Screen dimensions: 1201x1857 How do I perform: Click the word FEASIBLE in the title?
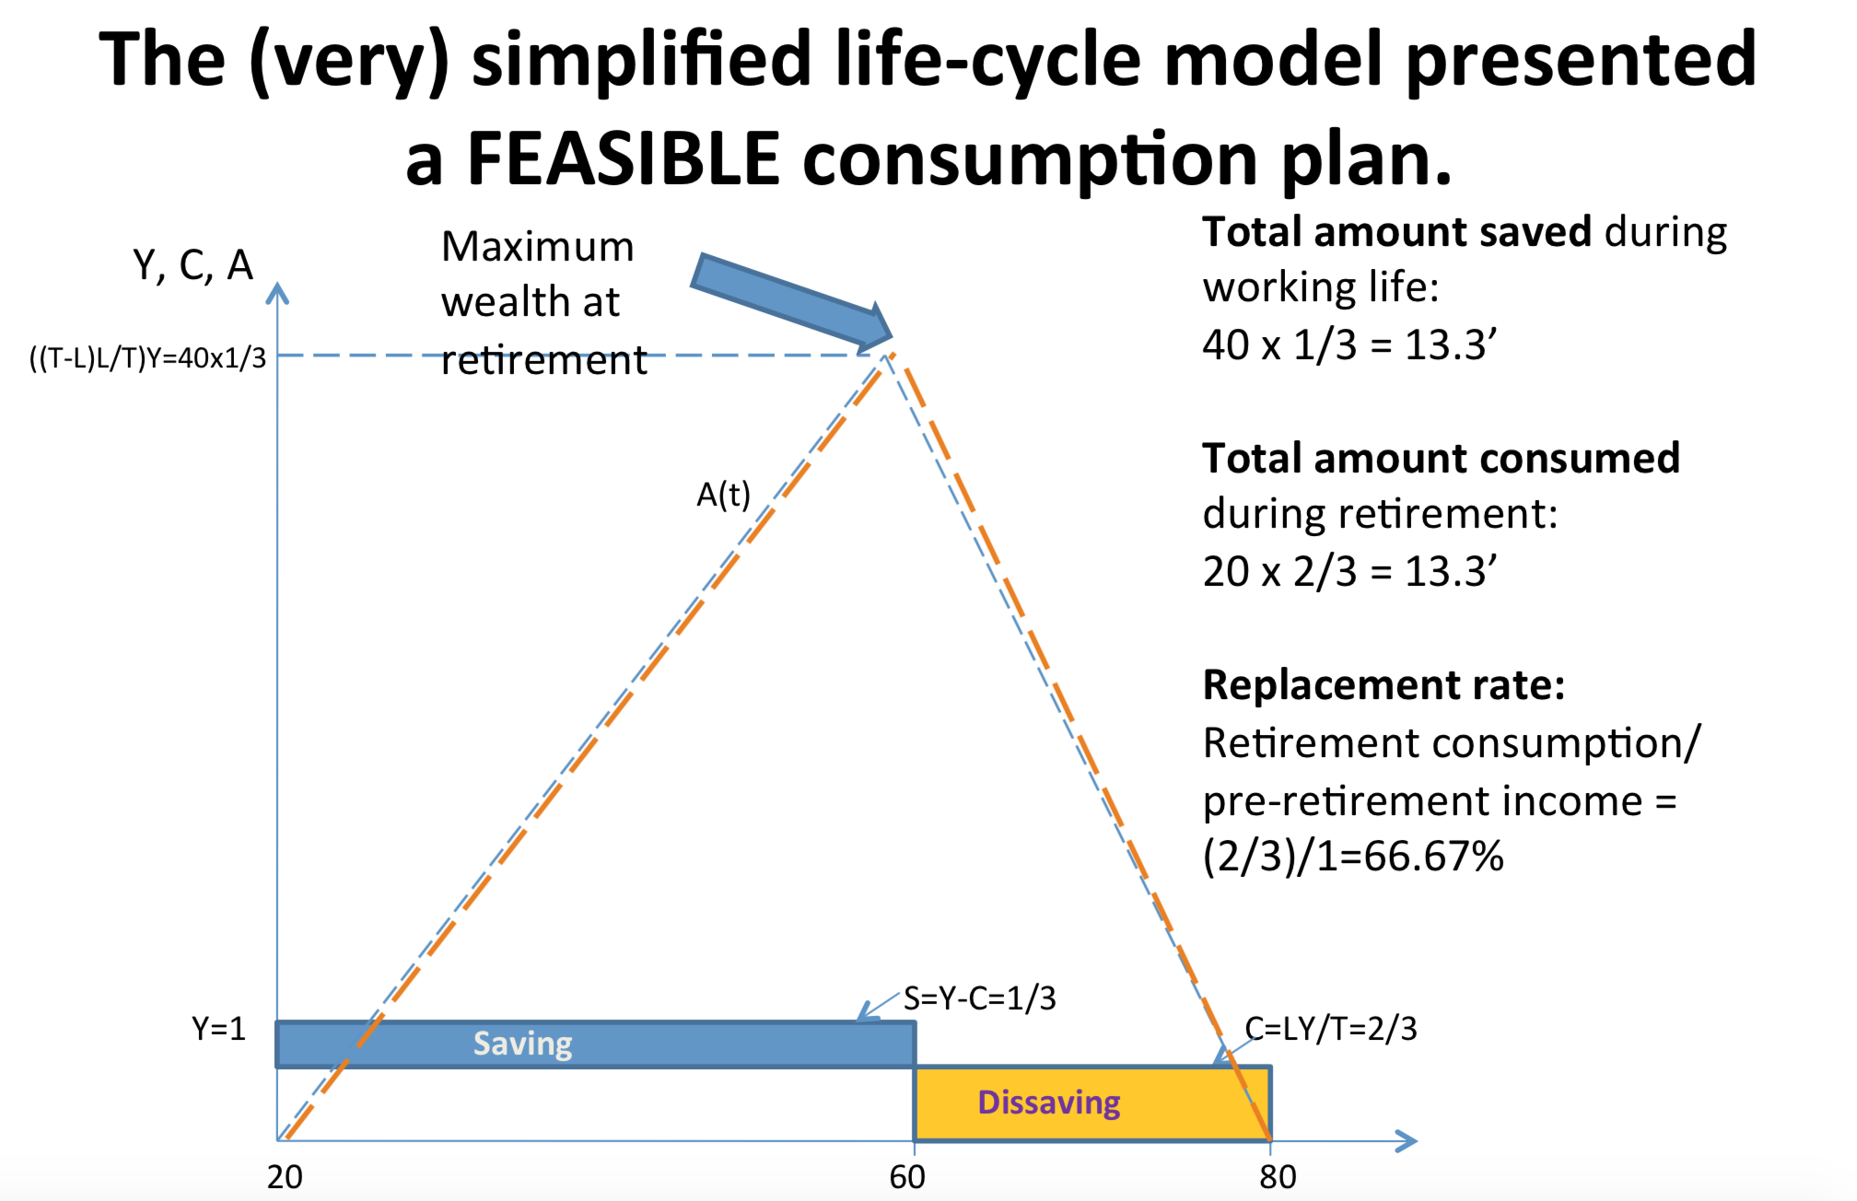[624, 158]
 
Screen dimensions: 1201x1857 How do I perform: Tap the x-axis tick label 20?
[285, 1177]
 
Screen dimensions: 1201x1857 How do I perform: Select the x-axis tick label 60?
[907, 1177]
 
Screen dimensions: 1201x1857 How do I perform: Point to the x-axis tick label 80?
[1278, 1177]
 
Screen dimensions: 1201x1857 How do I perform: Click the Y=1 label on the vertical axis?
[218, 1028]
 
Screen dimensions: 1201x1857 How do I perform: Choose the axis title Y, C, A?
[193, 265]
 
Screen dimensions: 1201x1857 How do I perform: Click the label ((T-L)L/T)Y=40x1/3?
[147, 357]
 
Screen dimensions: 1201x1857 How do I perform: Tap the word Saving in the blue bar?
[522, 1044]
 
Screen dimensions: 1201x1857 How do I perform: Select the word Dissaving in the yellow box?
[1048, 1102]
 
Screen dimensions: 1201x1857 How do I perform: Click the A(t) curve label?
[723, 496]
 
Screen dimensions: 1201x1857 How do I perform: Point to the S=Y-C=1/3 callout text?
[979, 998]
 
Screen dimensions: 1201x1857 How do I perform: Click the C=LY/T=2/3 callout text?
[1330, 1028]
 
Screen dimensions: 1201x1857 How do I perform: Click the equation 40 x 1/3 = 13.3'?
[1349, 345]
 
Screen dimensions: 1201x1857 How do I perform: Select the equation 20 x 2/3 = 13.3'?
[1349, 572]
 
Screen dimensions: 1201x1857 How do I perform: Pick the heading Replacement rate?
[1384, 685]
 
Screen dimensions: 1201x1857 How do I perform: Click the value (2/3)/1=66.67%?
[1352, 857]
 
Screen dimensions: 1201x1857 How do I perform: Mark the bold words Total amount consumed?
[1441, 459]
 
